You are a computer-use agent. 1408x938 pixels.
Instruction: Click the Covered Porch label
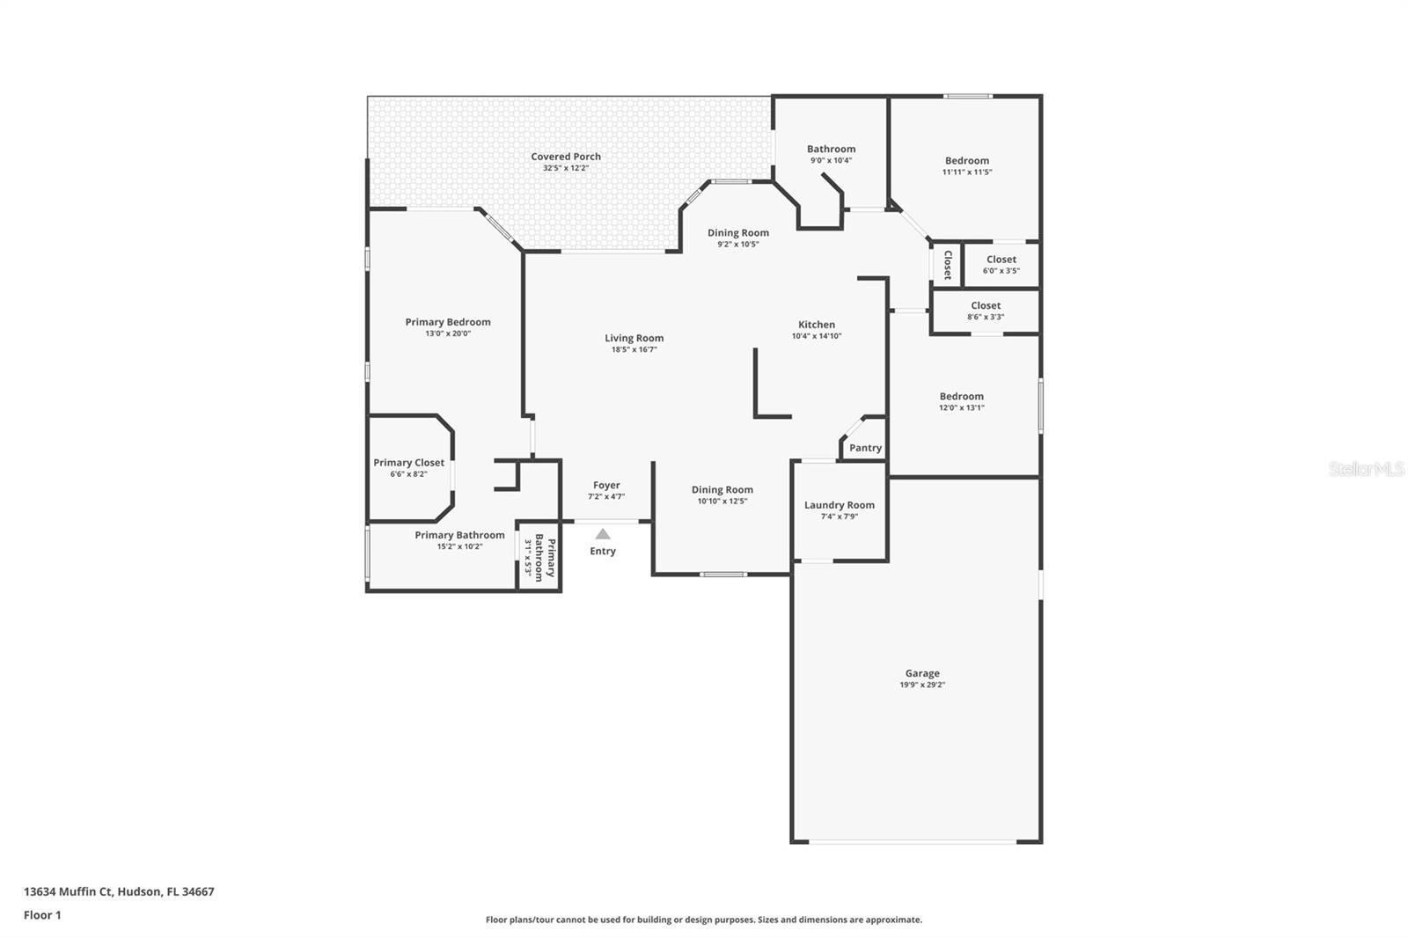point(566,157)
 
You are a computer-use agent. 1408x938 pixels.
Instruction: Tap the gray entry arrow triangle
point(603,534)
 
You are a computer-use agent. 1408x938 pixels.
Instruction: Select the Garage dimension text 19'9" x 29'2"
point(922,685)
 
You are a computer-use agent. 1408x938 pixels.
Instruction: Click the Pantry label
point(865,448)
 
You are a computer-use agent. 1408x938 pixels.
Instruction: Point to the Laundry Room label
point(839,505)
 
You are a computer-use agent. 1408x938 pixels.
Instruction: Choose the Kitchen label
point(817,325)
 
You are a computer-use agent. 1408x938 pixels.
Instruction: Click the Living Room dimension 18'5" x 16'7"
point(634,349)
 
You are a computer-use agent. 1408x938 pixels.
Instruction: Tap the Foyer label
point(606,485)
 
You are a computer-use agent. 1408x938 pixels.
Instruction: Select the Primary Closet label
point(408,463)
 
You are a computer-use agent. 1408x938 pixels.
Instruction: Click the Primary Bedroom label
point(448,322)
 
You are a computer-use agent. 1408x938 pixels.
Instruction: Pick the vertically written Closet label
point(947,265)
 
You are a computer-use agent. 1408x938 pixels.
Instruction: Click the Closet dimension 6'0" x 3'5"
point(1001,271)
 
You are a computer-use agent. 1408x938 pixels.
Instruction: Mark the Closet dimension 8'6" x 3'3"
point(986,317)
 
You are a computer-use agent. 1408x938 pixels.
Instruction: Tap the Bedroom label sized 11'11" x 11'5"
point(967,161)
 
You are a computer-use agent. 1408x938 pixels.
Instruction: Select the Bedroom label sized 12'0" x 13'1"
point(961,397)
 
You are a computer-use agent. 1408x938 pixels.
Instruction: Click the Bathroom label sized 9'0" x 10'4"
point(831,150)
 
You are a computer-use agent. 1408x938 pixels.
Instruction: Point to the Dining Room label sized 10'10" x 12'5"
point(722,490)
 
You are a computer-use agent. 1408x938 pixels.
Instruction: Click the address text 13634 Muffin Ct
point(69,891)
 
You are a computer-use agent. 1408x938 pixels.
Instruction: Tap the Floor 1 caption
point(42,915)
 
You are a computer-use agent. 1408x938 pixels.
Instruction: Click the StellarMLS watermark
point(1366,470)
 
